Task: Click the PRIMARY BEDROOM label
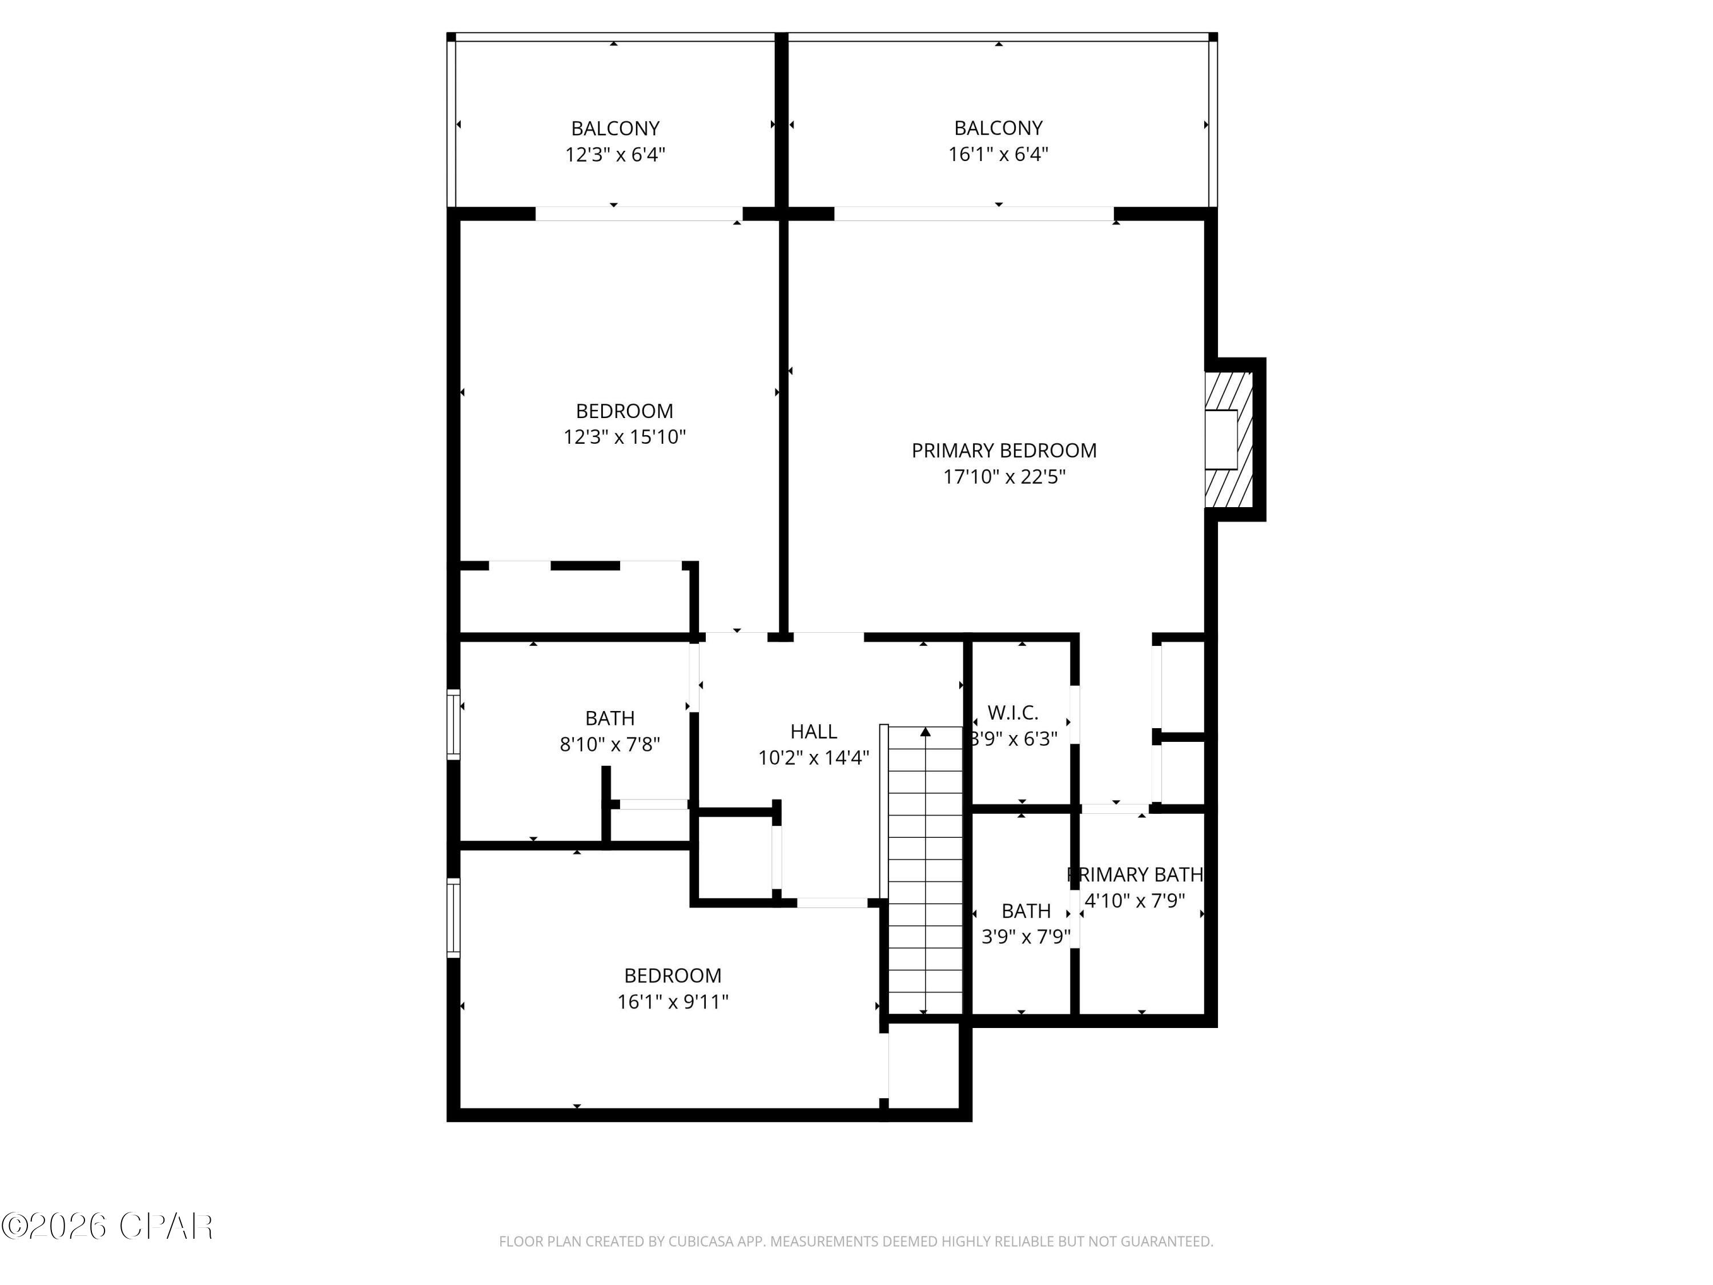click(x=1004, y=450)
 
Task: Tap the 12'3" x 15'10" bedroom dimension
click(x=624, y=437)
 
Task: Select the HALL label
click(x=813, y=731)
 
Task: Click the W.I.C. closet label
click(x=1012, y=712)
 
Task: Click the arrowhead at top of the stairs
click(x=926, y=731)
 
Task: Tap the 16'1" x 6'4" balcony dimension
click(x=998, y=154)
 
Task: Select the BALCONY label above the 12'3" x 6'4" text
click(x=615, y=128)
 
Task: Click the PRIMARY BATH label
click(x=1135, y=874)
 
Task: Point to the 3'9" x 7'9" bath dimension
click(x=1026, y=937)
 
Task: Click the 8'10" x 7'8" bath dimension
click(x=609, y=744)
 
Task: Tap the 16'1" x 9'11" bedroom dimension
click(x=672, y=1002)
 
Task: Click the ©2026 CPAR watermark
click(x=108, y=1226)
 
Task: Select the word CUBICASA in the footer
click(x=707, y=1242)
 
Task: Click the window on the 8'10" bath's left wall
click(x=454, y=724)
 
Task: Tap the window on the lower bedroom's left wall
click(x=454, y=918)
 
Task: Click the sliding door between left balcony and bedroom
click(x=639, y=214)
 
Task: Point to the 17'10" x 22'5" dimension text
click(x=1004, y=476)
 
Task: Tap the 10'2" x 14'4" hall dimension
click(x=813, y=757)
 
